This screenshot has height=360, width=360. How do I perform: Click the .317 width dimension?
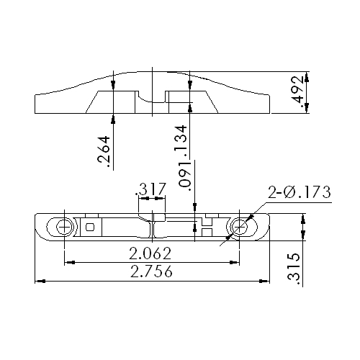pyautogui.click(x=151, y=189)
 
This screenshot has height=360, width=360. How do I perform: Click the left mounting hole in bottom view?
pyautogui.click(x=65, y=227)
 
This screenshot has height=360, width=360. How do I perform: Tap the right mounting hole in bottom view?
pyautogui.click(x=238, y=227)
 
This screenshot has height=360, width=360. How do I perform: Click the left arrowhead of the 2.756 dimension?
pyautogui.click(x=39, y=280)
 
